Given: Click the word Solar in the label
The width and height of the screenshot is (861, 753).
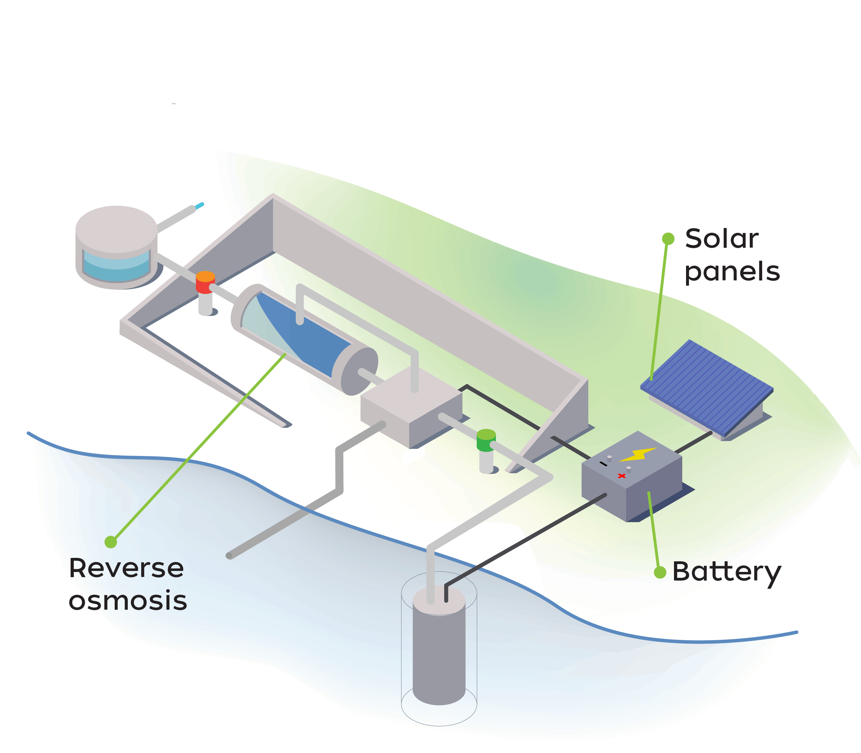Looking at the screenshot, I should (722, 239).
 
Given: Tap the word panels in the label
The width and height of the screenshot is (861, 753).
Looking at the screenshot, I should (732, 272).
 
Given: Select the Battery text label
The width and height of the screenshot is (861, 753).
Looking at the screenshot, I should (726, 572).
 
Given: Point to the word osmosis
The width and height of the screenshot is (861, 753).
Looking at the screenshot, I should (127, 601).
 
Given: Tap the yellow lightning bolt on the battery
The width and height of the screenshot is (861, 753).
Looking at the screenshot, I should (638, 455).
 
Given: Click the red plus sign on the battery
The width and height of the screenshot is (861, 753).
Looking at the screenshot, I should (621, 476).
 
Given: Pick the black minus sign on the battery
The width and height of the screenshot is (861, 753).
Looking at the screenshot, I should (603, 464).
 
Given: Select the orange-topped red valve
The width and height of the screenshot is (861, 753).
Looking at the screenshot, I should (205, 282).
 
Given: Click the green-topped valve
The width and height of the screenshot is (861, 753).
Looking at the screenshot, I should (486, 441).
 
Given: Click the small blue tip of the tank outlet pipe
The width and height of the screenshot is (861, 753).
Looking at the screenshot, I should (199, 205).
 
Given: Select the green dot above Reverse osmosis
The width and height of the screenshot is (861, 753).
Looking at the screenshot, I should (111, 542).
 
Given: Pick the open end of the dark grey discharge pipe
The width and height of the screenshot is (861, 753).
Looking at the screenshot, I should (229, 556).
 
